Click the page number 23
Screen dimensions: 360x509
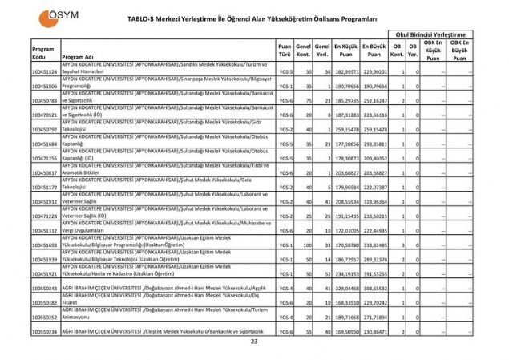point(254,341)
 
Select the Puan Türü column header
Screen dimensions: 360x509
point(285,52)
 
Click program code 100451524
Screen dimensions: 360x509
point(45,72)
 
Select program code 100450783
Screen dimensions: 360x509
point(45,100)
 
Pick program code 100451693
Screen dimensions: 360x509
point(45,245)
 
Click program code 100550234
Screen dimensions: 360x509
point(45,331)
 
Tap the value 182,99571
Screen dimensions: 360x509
point(346,72)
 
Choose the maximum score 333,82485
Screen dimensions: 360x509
point(374,245)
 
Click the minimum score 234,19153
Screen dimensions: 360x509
point(346,273)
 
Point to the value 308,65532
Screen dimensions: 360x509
point(374,288)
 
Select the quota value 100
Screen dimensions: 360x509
point(306,245)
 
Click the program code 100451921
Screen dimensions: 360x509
point(45,273)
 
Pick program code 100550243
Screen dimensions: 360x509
point(45,288)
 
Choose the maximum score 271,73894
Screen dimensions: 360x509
point(374,317)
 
